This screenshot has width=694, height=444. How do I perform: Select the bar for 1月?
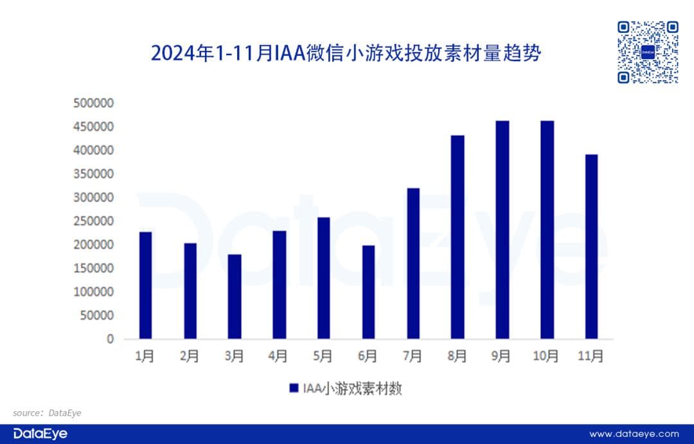tap(146, 285)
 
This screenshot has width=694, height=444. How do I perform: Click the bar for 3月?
tap(235, 296)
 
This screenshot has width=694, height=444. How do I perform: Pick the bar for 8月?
tap(458, 237)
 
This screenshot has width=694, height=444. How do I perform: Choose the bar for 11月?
tap(591, 246)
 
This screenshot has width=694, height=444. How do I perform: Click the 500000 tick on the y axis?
tap(94, 103)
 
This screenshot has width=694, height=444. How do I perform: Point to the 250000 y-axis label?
tap(94, 221)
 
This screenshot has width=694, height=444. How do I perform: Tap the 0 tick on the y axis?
tap(110, 339)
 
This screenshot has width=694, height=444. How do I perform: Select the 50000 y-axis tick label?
tap(97, 315)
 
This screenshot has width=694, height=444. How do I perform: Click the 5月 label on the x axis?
tap(323, 356)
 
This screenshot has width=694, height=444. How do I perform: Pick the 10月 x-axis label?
tap(546, 356)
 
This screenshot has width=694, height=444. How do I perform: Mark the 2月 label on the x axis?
tap(190, 356)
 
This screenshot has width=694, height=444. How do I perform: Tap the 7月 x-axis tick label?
tap(413, 356)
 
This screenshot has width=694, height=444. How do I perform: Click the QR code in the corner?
tap(648, 52)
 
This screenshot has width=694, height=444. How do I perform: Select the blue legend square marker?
tap(294, 388)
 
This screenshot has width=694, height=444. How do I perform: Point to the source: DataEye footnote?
tap(47, 412)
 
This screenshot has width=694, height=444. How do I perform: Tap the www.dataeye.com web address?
tap(634, 434)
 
